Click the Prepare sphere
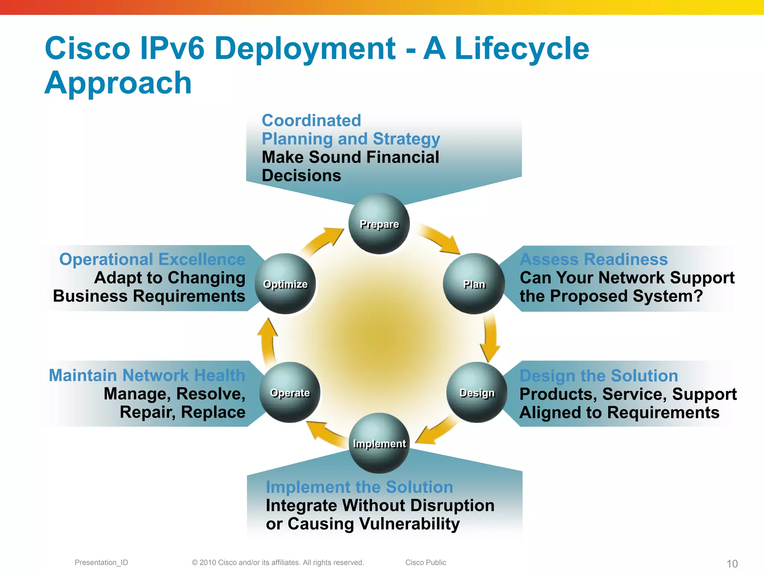click(379, 224)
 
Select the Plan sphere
click(474, 284)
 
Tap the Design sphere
click(477, 392)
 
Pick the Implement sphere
click(379, 443)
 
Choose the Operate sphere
click(290, 392)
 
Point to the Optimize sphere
click(285, 284)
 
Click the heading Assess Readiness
click(594, 259)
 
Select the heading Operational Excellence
click(152, 259)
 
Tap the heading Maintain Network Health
click(147, 375)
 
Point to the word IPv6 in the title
click(172, 48)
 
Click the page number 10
click(732, 564)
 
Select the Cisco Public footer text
click(426, 563)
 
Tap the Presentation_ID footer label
click(101, 563)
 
